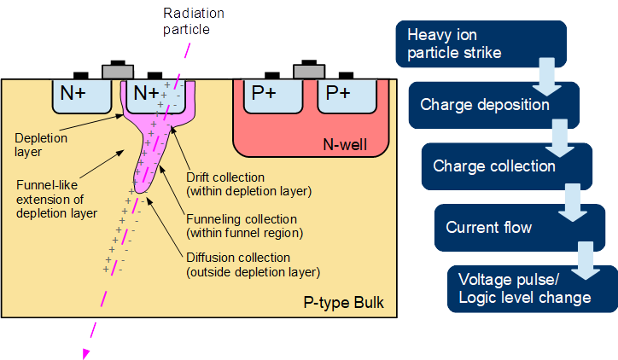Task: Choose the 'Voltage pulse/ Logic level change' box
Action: click(x=523, y=288)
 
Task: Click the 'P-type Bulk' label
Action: click(x=344, y=304)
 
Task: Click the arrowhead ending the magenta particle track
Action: click(x=85, y=353)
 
